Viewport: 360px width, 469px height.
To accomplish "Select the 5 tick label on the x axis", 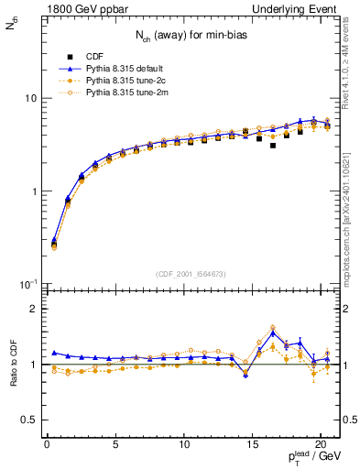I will [x=115, y=446].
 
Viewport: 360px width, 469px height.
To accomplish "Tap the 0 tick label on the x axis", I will [x=48, y=446].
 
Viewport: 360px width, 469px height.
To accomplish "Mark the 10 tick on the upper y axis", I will [x=30, y=98].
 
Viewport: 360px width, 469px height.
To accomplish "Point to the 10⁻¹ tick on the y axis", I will [x=28, y=285].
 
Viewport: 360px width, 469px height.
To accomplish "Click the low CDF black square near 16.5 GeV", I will [x=273, y=145].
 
